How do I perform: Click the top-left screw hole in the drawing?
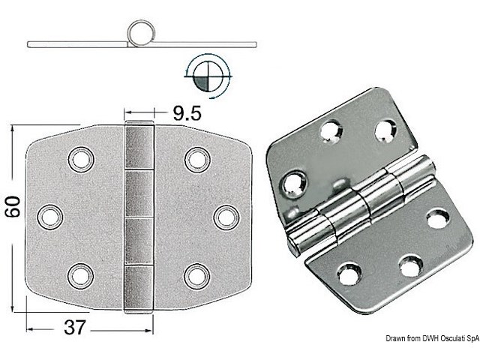(79, 158)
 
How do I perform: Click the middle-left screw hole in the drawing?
(50, 216)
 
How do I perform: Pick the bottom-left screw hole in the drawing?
(79, 274)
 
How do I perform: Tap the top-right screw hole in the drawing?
(196, 158)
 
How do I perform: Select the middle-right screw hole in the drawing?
(225, 216)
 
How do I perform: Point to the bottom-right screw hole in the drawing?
(196, 274)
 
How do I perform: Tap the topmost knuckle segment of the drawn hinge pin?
(139, 147)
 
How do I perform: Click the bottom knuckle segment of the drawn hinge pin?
(139, 287)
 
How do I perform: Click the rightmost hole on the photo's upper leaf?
(385, 130)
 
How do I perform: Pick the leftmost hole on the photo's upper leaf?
(293, 182)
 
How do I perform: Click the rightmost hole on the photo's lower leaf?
(438, 219)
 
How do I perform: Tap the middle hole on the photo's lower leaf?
(411, 265)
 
